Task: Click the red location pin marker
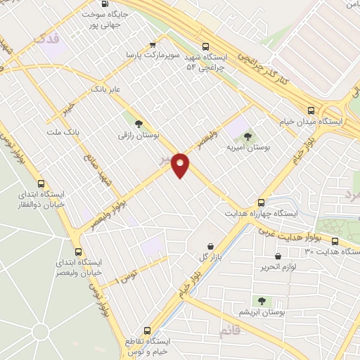click(181, 165)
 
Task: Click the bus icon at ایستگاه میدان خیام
click(311, 110)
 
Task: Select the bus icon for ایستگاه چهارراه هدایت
click(261, 201)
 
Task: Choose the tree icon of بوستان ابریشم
click(262, 301)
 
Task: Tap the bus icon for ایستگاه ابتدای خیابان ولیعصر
click(77, 252)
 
